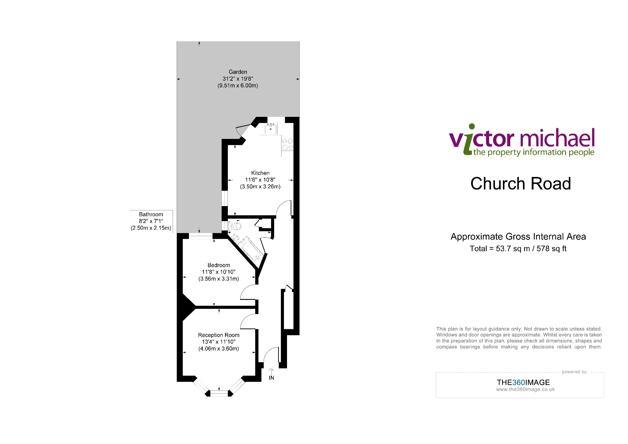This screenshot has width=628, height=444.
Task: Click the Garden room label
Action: tap(238, 72)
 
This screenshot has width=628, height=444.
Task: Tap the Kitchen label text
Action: tap(260, 173)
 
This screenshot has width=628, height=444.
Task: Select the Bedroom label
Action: tap(219, 265)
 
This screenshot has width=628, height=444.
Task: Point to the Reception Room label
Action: tap(219, 335)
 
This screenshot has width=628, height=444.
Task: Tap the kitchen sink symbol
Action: tap(271, 129)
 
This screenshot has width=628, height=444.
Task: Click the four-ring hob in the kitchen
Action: tap(287, 144)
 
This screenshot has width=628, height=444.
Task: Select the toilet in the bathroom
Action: tap(235, 226)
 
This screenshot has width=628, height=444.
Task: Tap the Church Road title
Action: tap(521, 183)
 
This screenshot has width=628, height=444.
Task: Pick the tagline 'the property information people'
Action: tap(534, 152)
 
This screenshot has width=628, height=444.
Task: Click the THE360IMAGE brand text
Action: tap(523, 382)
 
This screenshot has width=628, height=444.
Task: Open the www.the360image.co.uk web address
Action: tap(525, 389)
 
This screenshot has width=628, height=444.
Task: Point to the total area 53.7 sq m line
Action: tap(518, 249)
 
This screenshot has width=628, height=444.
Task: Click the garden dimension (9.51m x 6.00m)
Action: tap(238, 86)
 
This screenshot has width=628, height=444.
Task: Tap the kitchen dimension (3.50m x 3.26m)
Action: tap(260, 187)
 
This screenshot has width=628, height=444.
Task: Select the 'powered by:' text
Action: tap(575, 372)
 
